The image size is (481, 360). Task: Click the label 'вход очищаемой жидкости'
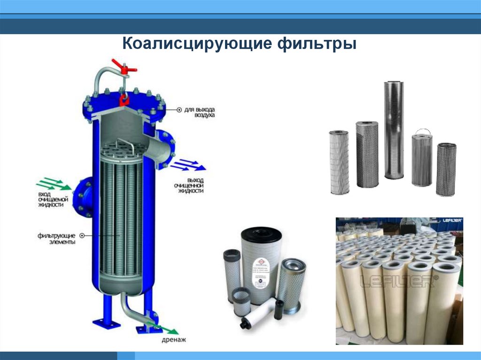click(50, 199)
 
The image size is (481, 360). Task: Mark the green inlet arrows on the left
click(49, 183)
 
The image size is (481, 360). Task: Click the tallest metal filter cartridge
click(394, 130)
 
